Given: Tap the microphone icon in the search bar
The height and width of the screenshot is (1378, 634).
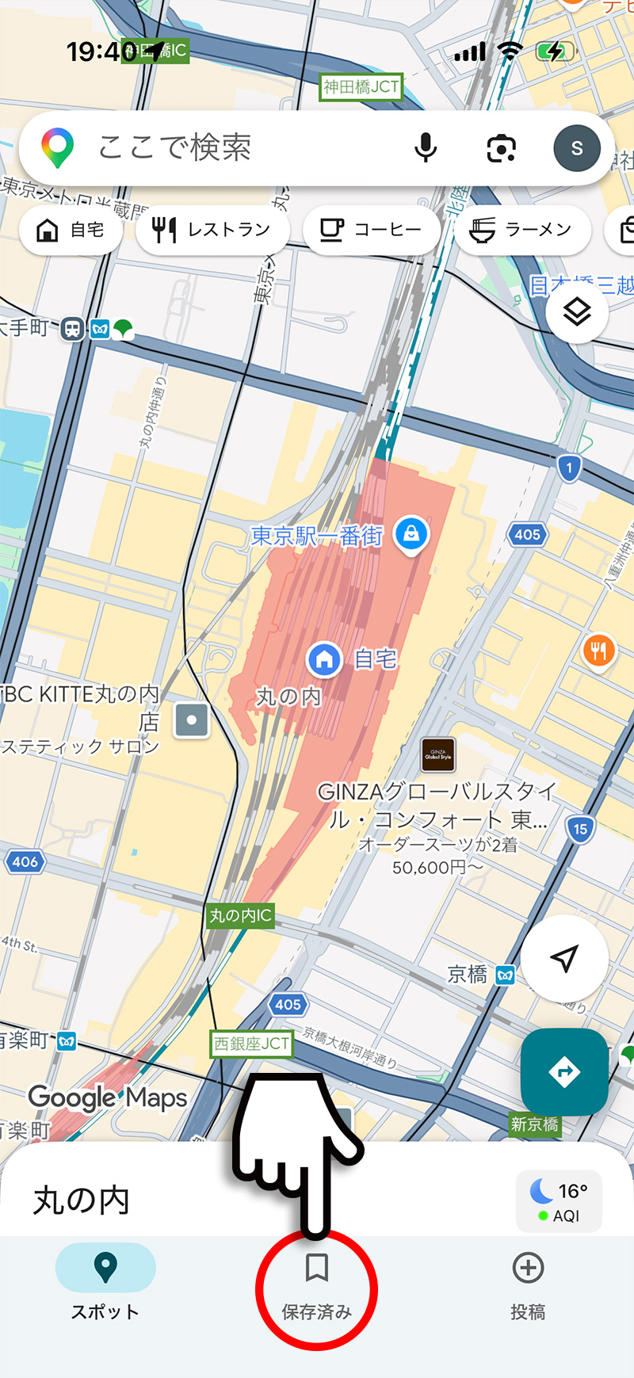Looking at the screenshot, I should pyautogui.click(x=426, y=147).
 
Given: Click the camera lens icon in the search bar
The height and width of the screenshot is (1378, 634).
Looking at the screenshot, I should pyautogui.click(x=501, y=148).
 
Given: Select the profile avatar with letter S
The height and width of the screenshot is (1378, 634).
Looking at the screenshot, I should pyautogui.click(x=576, y=148).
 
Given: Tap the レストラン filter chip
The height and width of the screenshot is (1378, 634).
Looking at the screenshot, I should pyautogui.click(x=212, y=230).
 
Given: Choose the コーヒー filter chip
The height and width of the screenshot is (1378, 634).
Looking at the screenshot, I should pyautogui.click(x=370, y=230).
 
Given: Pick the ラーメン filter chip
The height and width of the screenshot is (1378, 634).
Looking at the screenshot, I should pyautogui.click(x=522, y=230).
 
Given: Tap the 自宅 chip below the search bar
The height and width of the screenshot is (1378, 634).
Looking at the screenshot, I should pyautogui.click(x=71, y=230).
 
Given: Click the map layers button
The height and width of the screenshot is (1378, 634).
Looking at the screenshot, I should pyautogui.click(x=576, y=311).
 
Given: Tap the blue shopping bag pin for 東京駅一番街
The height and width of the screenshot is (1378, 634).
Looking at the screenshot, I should pyautogui.click(x=411, y=534).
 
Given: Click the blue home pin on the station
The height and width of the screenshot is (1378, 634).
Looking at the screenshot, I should pyautogui.click(x=323, y=658).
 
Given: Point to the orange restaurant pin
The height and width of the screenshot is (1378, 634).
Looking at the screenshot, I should pyautogui.click(x=598, y=651).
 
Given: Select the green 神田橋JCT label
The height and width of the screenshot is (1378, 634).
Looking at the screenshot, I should pyautogui.click(x=361, y=86).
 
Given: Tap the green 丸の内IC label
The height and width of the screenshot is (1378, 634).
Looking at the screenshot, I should pyautogui.click(x=240, y=916).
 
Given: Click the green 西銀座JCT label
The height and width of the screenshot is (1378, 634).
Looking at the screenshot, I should pyautogui.click(x=251, y=1044).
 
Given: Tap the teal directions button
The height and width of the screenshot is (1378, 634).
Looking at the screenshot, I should pyautogui.click(x=563, y=1071).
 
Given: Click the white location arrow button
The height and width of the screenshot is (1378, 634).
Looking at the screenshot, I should pyautogui.click(x=563, y=959).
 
